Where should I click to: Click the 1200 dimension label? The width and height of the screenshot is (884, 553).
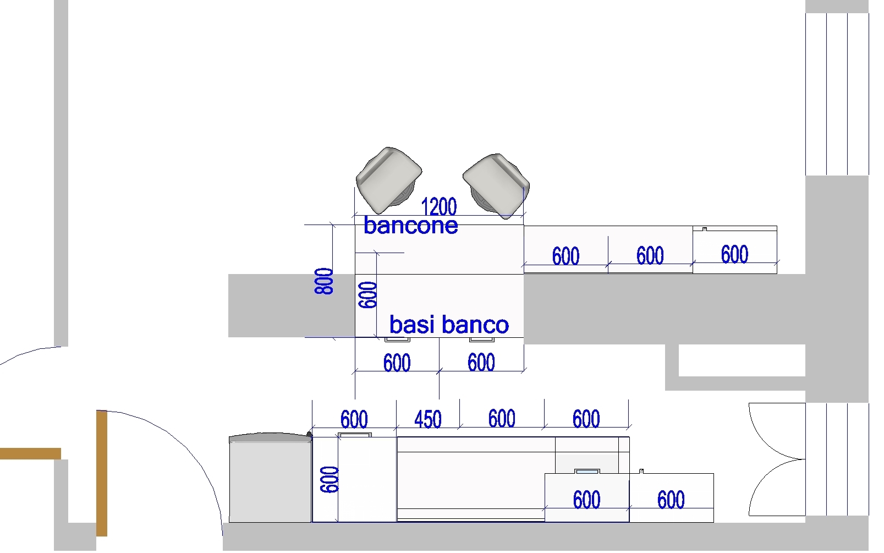[x=439, y=207]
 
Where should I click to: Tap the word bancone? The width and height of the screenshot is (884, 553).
[x=411, y=225]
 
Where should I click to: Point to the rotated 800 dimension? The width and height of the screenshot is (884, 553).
[x=324, y=281]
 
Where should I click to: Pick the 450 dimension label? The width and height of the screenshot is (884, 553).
[x=427, y=420]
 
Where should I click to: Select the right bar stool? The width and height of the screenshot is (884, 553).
[x=496, y=185]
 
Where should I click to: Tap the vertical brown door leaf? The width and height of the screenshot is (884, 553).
[x=102, y=473]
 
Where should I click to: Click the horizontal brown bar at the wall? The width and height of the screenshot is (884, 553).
[x=30, y=453]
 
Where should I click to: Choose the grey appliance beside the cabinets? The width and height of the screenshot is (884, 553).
[x=270, y=479]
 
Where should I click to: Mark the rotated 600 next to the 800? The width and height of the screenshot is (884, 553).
[x=368, y=295]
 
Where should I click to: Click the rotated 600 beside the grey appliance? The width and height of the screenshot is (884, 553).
[x=330, y=479]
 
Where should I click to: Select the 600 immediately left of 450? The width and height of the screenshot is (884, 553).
[x=354, y=420]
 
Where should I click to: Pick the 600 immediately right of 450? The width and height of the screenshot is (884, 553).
[x=501, y=419]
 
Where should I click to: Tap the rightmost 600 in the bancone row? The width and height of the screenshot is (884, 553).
[x=734, y=255]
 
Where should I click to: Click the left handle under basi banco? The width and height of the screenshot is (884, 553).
[x=397, y=340]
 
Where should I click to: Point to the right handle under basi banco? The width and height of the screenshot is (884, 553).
[x=481, y=340]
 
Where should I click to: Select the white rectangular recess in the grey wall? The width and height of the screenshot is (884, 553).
[x=742, y=360]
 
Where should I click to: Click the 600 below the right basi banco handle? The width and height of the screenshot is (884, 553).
[x=481, y=363]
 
